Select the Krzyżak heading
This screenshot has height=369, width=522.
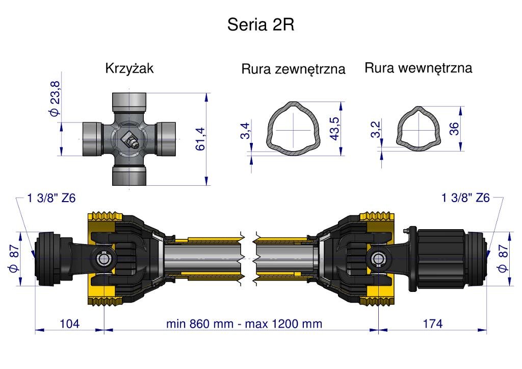tap(129, 68)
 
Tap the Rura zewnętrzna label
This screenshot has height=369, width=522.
tap(293, 69)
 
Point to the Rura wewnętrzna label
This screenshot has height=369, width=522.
tap(418, 68)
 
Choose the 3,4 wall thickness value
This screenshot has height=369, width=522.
tap(246, 131)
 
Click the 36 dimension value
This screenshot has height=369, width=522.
tap(454, 128)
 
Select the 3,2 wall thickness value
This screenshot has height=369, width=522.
tap(375, 130)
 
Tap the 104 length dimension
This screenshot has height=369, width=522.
tap(69, 324)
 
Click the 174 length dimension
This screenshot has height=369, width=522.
tap(433, 324)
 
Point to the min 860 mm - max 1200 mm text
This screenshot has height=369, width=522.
tap(244, 324)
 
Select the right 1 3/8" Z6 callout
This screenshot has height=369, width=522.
tap(465, 198)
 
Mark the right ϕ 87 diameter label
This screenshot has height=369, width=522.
tap(504, 258)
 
